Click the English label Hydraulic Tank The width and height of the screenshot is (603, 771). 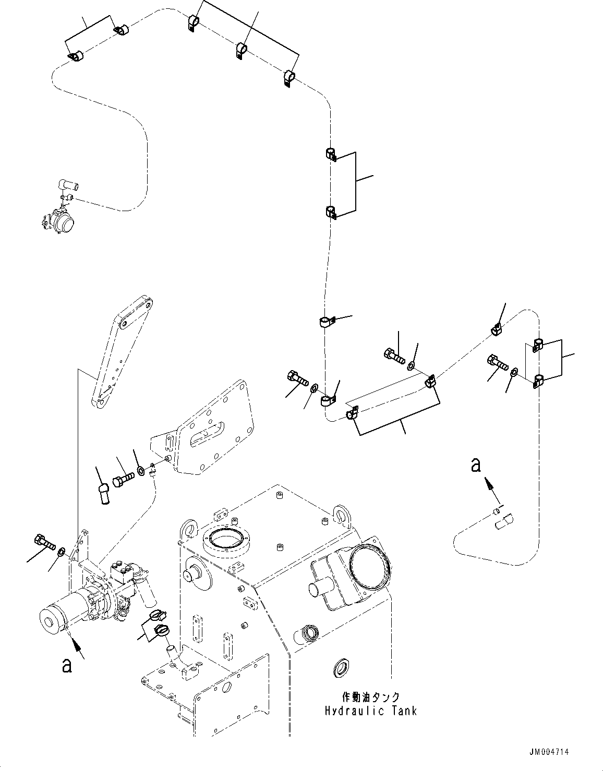point(371,711)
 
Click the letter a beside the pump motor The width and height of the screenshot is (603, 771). point(66,666)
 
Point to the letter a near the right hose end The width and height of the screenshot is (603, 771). point(475,464)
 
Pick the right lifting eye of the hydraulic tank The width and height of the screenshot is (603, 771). point(340,514)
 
